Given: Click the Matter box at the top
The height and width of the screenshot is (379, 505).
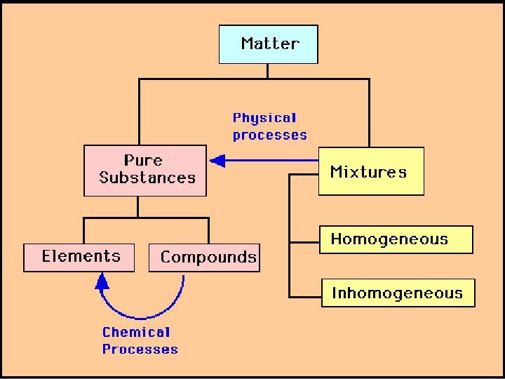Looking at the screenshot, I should point(269,44).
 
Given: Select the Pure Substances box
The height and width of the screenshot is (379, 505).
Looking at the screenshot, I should point(145,170).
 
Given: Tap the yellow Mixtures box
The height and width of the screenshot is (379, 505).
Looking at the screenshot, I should point(371,171).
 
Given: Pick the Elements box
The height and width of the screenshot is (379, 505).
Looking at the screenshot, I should point(82,257).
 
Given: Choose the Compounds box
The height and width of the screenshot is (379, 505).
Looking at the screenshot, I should point(204,258).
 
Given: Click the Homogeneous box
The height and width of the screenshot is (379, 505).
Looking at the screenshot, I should point(396,239).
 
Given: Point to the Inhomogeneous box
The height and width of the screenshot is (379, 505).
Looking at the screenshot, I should point(398,293).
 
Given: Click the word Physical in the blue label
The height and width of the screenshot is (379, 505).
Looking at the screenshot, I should point(265,118).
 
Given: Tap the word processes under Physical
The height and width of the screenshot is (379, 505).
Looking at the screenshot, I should point(270,135).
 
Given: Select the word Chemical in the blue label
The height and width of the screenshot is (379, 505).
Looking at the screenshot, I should point(136,332).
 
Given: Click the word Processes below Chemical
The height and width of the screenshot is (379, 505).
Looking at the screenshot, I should point(140,349).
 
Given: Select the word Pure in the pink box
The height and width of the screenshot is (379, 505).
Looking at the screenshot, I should point(143,161).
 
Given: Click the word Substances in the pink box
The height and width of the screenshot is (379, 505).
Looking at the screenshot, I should point(147,178).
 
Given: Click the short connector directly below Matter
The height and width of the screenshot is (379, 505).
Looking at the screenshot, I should point(267,72).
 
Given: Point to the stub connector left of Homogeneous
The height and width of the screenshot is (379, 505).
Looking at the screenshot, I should point(304,242).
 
